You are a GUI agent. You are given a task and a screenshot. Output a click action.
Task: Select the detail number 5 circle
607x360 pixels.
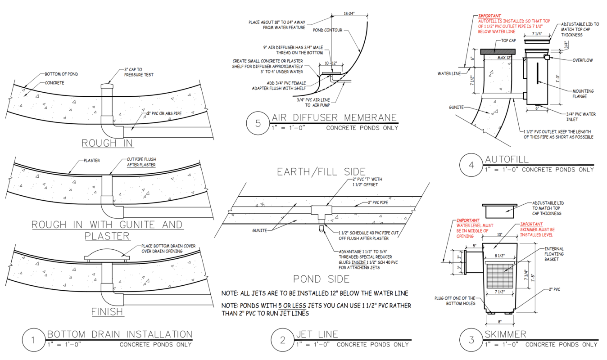point(258,124)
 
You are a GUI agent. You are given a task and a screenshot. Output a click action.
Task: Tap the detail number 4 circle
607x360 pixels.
point(471,165)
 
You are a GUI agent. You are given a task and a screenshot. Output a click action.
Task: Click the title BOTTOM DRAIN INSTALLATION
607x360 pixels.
point(120,334)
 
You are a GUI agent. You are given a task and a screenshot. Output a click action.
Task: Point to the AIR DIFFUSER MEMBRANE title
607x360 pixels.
point(335,118)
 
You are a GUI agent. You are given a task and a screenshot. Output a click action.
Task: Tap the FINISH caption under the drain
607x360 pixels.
point(107,311)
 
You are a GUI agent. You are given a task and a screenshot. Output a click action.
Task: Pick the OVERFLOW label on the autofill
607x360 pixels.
point(583,60)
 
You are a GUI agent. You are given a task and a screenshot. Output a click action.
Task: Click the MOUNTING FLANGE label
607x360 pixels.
point(583,94)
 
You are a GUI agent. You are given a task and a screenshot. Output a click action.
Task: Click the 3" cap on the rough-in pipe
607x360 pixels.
point(107,85)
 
